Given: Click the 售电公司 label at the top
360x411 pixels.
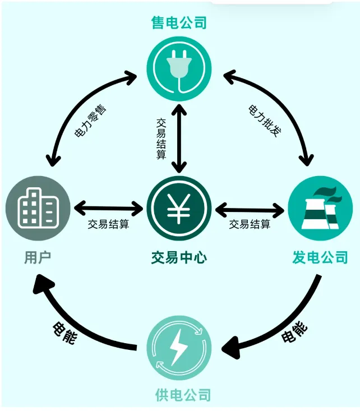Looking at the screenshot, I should [x=179, y=22].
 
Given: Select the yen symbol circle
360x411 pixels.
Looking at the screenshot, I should [x=179, y=208].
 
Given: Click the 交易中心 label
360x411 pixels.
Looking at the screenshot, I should [x=179, y=258].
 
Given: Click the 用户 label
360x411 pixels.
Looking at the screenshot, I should [x=38, y=258].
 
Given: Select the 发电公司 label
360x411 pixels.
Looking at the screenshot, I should [x=320, y=258].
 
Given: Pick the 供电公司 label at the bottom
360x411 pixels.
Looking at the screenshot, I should [x=182, y=395].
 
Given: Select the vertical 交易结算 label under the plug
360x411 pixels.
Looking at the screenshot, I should [x=161, y=137].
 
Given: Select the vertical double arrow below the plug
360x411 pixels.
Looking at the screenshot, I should [x=179, y=137].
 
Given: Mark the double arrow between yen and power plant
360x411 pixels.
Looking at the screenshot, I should [x=250, y=210].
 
